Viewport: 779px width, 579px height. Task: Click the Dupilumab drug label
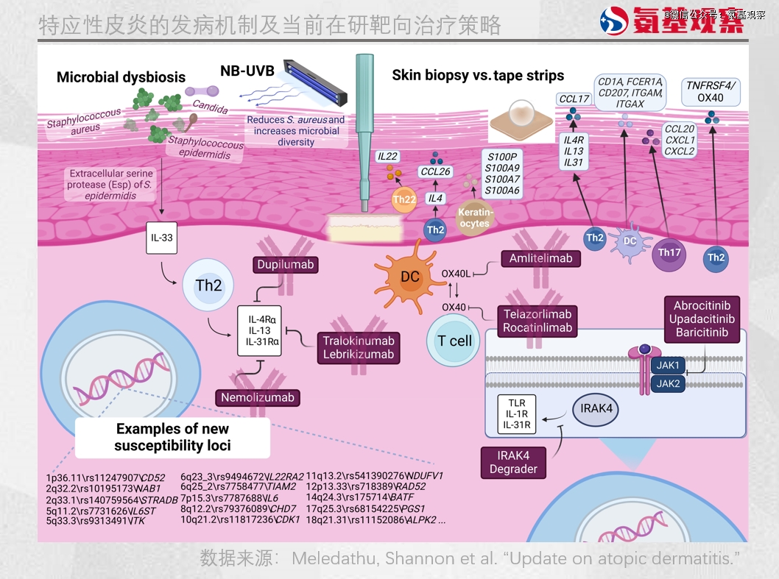286,264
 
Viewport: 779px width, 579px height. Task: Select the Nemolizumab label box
258,398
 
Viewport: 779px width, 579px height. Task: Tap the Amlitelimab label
541,258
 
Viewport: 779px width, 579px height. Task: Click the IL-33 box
161,238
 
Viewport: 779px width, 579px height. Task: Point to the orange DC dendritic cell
409,277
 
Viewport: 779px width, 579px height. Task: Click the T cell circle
454,341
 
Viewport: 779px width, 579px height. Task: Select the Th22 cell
403,199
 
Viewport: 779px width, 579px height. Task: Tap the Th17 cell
669,253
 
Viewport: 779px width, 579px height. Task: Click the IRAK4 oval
596,408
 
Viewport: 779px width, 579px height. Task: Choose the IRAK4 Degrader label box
513,462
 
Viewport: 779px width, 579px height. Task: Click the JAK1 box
668,365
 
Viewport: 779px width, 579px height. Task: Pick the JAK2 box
668,383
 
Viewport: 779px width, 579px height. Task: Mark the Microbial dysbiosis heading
121,77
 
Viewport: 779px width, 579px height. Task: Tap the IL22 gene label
387,156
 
